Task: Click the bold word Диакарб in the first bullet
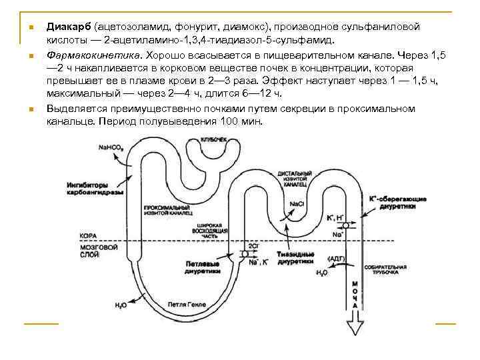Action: point(69,27)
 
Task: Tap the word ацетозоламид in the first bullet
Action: point(133,27)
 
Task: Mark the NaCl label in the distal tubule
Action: point(298,203)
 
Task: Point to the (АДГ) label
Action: point(336,258)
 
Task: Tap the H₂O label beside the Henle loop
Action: point(121,305)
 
